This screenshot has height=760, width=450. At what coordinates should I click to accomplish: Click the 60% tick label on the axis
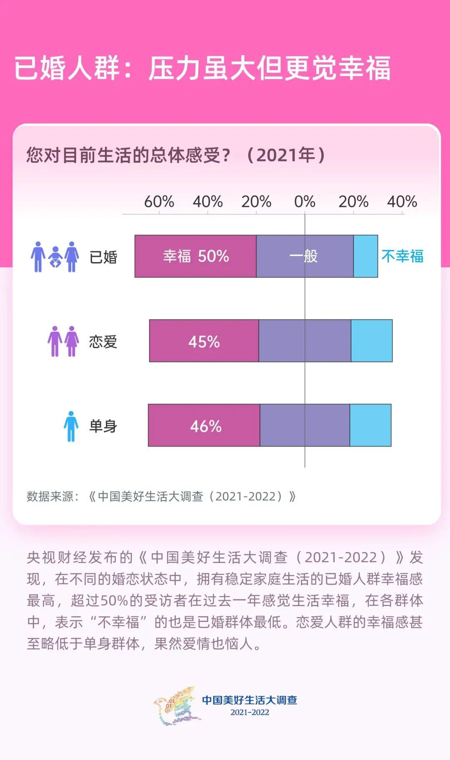(159, 202)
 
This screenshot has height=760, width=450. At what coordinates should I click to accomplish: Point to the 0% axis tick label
(305, 202)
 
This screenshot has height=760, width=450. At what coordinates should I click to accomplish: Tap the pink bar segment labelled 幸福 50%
(195, 256)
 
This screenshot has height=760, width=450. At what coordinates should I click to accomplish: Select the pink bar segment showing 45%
(204, 341)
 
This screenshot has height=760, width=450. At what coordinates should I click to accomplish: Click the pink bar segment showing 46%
(204, 425)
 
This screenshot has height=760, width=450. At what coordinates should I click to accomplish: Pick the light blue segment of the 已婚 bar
(365, 256)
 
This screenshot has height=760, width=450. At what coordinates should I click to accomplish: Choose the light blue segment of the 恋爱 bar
(372, 341)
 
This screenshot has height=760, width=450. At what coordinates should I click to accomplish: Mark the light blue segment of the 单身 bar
(370, 425)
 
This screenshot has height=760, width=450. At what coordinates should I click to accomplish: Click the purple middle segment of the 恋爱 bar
(305, 341)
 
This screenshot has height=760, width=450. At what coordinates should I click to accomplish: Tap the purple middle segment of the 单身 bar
(305, 425)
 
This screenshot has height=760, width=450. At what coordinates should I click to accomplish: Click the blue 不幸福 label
(402, 256)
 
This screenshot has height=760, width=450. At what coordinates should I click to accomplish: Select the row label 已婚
(103, 257)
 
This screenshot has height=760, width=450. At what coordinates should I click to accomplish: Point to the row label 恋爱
(103, 342)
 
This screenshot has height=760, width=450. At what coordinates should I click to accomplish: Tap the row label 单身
(103, 426)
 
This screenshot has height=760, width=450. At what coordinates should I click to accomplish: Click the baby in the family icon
(55, 258)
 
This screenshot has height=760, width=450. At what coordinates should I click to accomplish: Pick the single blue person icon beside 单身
(71, 426)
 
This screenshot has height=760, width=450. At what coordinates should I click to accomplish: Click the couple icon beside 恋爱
(63, 341)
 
